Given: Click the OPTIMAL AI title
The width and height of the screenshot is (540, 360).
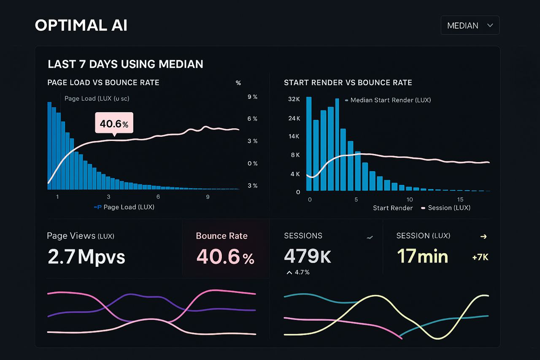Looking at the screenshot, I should pyautogui.click(x=81, y=25).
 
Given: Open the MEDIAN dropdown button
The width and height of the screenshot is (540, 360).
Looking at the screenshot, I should pyautogui.click(x=470, y=25).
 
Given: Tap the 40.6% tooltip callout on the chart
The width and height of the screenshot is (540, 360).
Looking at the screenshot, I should pyautogui.click(x=114, y=123).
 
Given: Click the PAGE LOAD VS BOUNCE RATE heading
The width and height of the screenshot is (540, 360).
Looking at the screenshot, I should pyautogui.click(x=103, y=83).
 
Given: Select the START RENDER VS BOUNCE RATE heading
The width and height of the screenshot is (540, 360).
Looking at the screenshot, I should pyautogui.click(x=348, y=83).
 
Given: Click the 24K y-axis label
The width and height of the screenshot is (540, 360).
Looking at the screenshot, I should pyautogui.click(x=294, y=118).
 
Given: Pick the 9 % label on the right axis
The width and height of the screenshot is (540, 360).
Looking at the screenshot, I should pyautogui.click(x=252, y=97).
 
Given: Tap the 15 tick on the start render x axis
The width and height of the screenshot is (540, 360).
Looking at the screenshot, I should pyautogui.click(x=460, y=199).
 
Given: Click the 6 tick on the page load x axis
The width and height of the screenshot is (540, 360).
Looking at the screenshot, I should pyautogui.click(x=158, y=197).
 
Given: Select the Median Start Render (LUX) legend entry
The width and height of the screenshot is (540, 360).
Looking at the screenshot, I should pyautogui.click(x=388, y=100).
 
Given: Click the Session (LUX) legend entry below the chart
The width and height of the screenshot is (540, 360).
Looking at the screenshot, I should pyautogui.click(x=448, y=208).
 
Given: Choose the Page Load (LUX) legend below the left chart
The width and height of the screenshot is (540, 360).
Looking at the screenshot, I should pyautogui.click(x=128, y=207).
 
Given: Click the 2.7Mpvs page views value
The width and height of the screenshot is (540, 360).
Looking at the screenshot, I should pyautogui.click(x=86, y=257).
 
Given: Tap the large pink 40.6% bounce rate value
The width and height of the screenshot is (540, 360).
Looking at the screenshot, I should pyautogui.click(x=225, y=257).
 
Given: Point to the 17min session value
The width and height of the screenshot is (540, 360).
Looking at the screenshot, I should pyautogui.click(x=422, y=256).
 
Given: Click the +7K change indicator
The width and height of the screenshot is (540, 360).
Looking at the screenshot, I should pyautogui.click(x=480, y=257).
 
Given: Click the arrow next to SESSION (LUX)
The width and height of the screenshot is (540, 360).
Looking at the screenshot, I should pyautogui.click(x=483, y=236).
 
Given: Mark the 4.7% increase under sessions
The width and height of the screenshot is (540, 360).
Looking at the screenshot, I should pyautogui.click(x=298, y=272).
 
